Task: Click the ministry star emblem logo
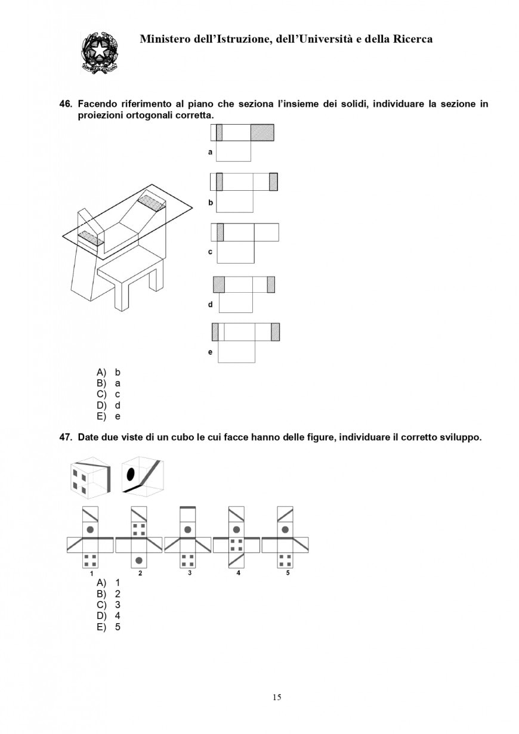click(98, 52)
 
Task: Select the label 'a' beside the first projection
click(210, 152)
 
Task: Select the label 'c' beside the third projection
click(210, 252)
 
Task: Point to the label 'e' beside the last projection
click(210, 352)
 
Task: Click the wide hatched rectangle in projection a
click(262, 132)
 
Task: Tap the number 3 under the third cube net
click(189, 573)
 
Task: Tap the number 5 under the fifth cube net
click(287, 573)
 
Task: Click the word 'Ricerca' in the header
click(411, 39)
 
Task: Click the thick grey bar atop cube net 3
click(188, 507)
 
